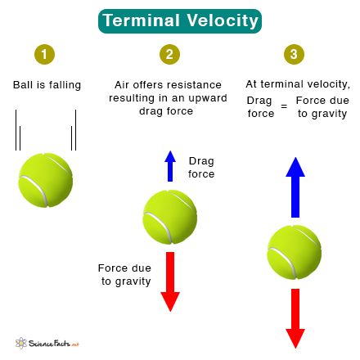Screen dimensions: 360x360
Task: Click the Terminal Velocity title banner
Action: pyautogui.click(x=180, y=21)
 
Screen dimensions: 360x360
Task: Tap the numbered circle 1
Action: pyautogui.click(x=44, y=54)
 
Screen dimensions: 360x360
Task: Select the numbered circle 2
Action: pyautogui.click(x=169, y=54)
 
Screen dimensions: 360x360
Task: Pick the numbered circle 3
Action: pyautogui.click(x=294, y=54)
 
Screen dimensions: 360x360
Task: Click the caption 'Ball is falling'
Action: pyautogui.click(x=47, y=85)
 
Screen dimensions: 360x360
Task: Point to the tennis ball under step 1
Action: pyautogui.click(x=46, y=180)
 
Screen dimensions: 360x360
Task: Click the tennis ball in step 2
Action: pyautogui.click(x=170, y=217)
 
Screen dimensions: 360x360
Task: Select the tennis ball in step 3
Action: pyautogui.click(x=295, y=252)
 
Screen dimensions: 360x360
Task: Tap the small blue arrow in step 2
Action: pyautogui.click(x=170, y=166)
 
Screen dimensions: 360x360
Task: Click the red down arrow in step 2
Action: pyautogui.click(x=170, y=281)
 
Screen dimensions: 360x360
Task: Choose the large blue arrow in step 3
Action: pyautogui.click(x=295, y=187)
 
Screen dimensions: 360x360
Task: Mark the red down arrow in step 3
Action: pyautogui.click(x=295, y=318)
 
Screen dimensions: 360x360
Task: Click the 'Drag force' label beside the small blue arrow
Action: pyautogui.click(x=201, y=168)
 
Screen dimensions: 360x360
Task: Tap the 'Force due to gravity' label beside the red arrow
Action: pyautogui.click(x=124, y=275)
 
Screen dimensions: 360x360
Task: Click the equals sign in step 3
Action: pyautogui.click(x=284, y=106)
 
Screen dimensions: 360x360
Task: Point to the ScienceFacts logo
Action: pyautogui.click(x=47, y=343)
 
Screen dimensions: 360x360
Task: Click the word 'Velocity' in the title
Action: pyautogui.click(x=223, y=20)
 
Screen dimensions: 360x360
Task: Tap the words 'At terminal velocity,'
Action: pyautogui.click(x=298, y=84)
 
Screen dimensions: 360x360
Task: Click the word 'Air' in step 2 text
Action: pyautogui.click(x=122, y=85)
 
